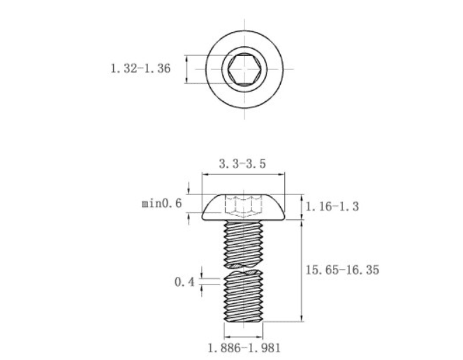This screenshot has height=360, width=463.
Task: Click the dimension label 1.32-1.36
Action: pyautogui.click(x=140, y=69)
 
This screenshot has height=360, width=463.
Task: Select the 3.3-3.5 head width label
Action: pyautogui.click(x=242, y=164)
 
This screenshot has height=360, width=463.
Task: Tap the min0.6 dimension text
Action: pyautogui.click(x=162, y=203)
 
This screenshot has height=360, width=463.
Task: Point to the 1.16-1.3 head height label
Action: pyautogui.click(x=332, y=206)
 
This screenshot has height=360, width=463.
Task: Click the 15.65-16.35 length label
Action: pyautogui.click(x=342, y=270)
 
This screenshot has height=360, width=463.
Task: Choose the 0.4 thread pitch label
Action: pyautogui.click(x=184, y=282)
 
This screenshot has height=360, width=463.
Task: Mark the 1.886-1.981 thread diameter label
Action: pyautogui.click(x=244, y=348)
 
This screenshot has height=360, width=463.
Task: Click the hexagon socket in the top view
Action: pyautogui.click(x=244, y=69)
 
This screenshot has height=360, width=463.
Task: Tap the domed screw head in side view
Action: pyautogui.click(x=244, y=207)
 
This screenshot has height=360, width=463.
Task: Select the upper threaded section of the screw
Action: pyautogui.click(x=244, y=243)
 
